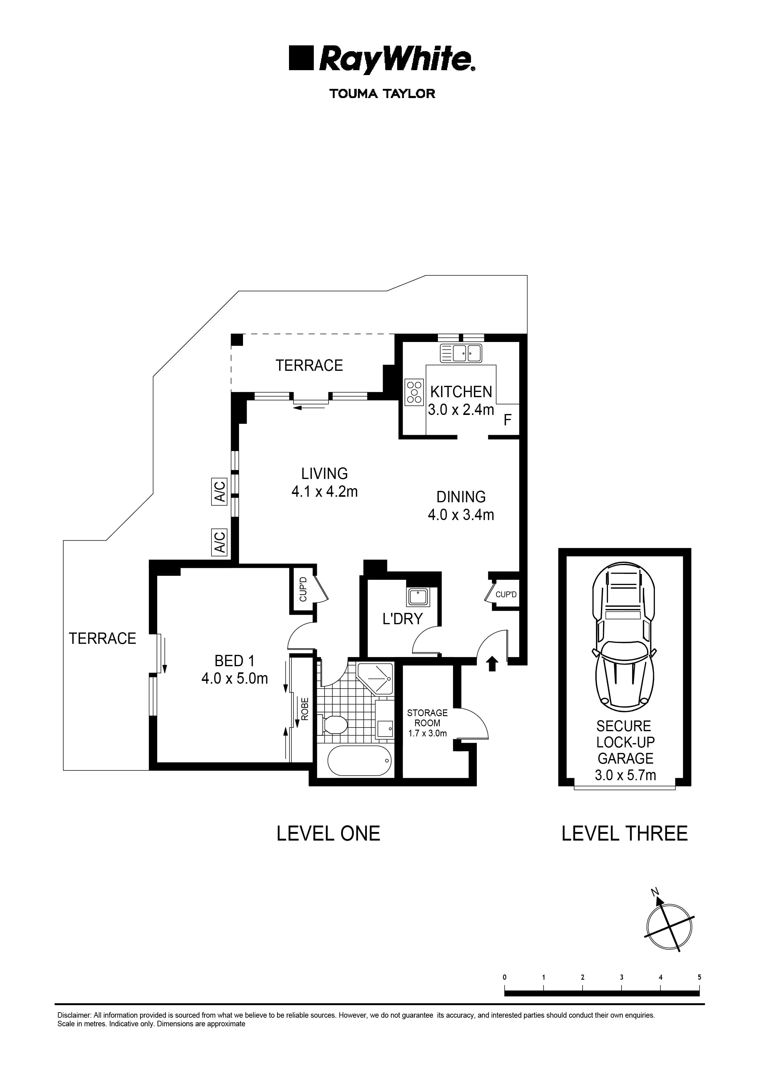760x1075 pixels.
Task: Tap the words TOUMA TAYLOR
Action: [x=382, y=94]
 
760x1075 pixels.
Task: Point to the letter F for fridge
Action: [x=507, y=420]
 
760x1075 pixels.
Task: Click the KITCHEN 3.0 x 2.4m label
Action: [x=461, y=401]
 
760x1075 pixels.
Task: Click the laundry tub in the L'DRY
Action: [x=416, y=598]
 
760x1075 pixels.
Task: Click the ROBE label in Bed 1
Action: [x=304, y=709]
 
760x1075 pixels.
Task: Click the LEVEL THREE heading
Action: [x=624, y=834]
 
